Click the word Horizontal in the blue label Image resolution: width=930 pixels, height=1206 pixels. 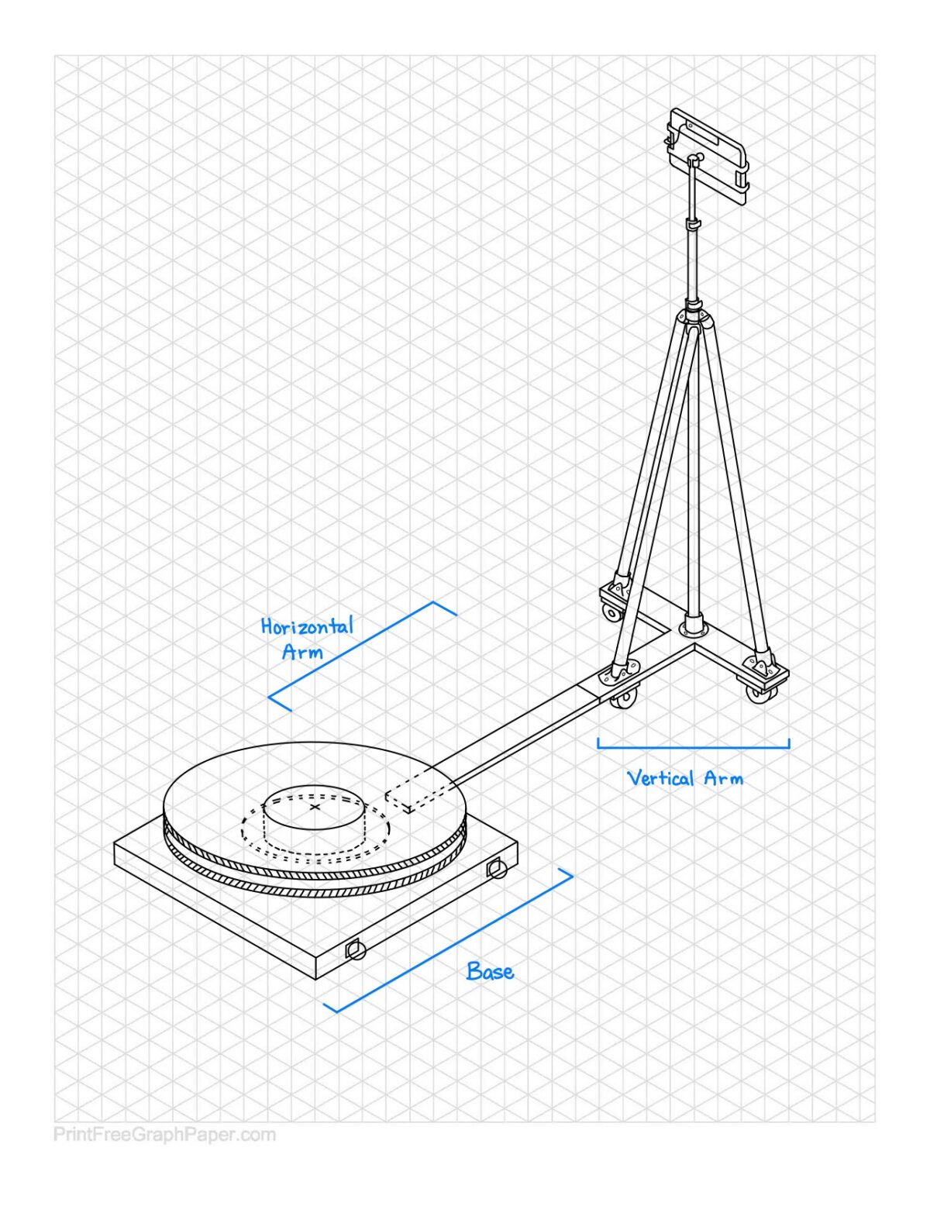tap(307, 626)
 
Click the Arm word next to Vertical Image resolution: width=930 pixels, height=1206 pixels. tap(724, 778)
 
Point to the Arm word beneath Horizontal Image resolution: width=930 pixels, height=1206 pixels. tap(302, 651)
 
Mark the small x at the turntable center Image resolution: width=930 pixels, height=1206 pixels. tap(315, 807)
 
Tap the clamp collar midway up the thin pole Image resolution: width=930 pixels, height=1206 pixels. tap(694, 224)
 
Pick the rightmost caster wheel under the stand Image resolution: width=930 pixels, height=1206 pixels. tap(756, 695)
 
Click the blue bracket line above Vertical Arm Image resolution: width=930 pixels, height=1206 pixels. tap(693, 746)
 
